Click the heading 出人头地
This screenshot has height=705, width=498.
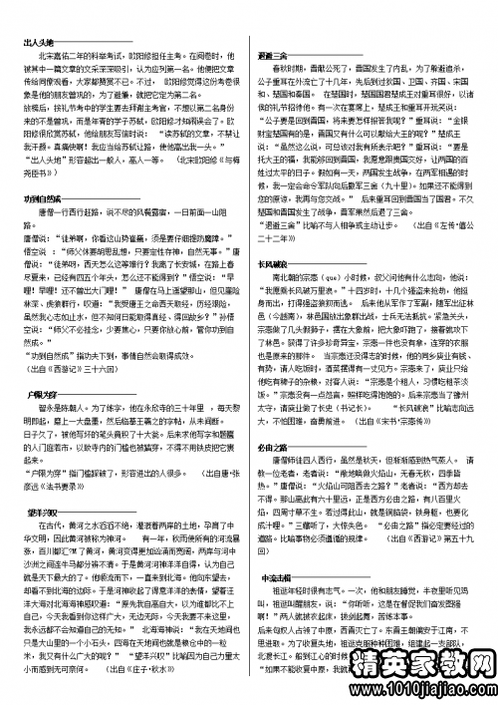click(x=37, y=43)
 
